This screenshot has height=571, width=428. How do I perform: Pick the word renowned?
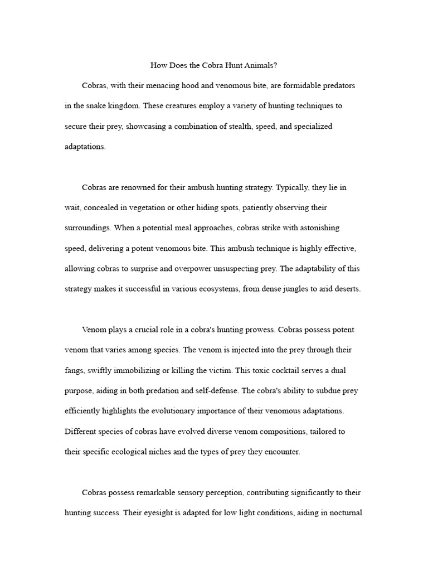(142, 188)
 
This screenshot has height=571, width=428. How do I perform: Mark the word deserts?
(346, 289)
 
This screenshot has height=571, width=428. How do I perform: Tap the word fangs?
(75, 370)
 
